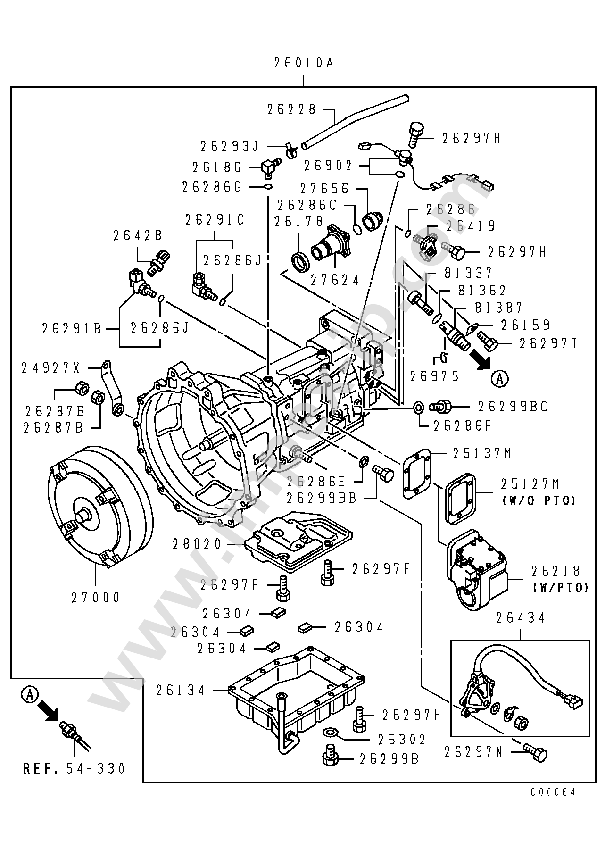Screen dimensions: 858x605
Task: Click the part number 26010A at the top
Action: coord(304,63)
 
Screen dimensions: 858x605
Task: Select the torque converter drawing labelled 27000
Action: coord(99,507)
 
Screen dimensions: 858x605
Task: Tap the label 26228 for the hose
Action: coord(291,109)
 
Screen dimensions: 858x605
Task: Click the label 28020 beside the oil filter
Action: coord(197,544)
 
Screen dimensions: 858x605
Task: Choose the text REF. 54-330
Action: coord(75,768)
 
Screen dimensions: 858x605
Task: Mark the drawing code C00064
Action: coord(554,792)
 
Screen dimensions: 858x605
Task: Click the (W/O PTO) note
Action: coord(538,500)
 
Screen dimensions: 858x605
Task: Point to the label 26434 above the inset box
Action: coord(521,618)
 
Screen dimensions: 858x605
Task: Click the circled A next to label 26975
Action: coord(500,378)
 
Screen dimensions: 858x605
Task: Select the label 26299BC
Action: coord(513,407)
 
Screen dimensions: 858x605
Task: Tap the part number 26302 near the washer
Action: coord(401,739)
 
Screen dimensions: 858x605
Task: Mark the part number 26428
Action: coord(138,235)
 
